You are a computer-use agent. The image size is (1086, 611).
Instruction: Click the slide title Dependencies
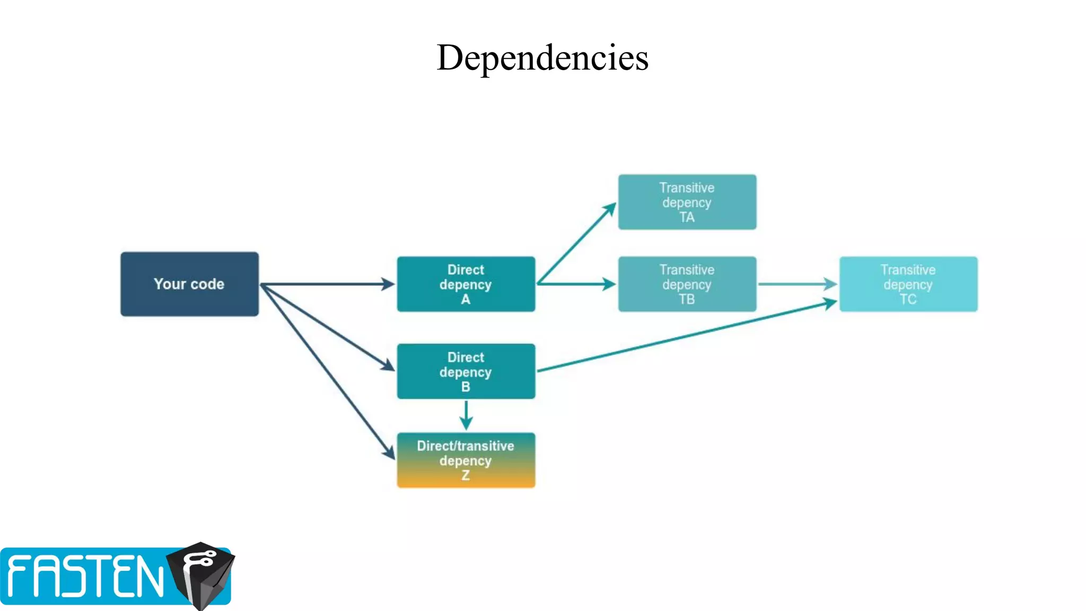tap(542, 57)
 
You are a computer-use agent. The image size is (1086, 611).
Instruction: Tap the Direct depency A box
tap(466, 284)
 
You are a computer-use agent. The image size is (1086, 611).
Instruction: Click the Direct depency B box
tap(466, 371)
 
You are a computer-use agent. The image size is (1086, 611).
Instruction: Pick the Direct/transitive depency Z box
tap(466, 460)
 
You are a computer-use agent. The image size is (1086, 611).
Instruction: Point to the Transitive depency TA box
tap(687, 202)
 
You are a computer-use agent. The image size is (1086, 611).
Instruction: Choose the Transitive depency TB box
tap(687, 284)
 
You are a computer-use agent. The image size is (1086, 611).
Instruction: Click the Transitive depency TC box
tap(908, 284)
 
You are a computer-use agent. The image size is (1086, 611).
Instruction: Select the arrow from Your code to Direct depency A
tap(326, 284)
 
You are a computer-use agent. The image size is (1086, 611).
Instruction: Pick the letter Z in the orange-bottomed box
tap(466, 475)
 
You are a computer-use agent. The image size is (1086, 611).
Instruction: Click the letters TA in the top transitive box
tap(687, 217)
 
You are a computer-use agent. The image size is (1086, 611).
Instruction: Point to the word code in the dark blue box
tap(207, 284)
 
